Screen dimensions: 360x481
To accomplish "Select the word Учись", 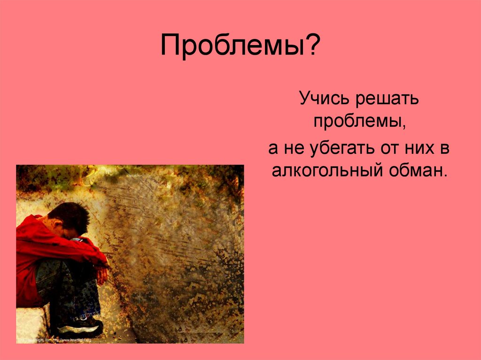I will (x=322, y=99).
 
